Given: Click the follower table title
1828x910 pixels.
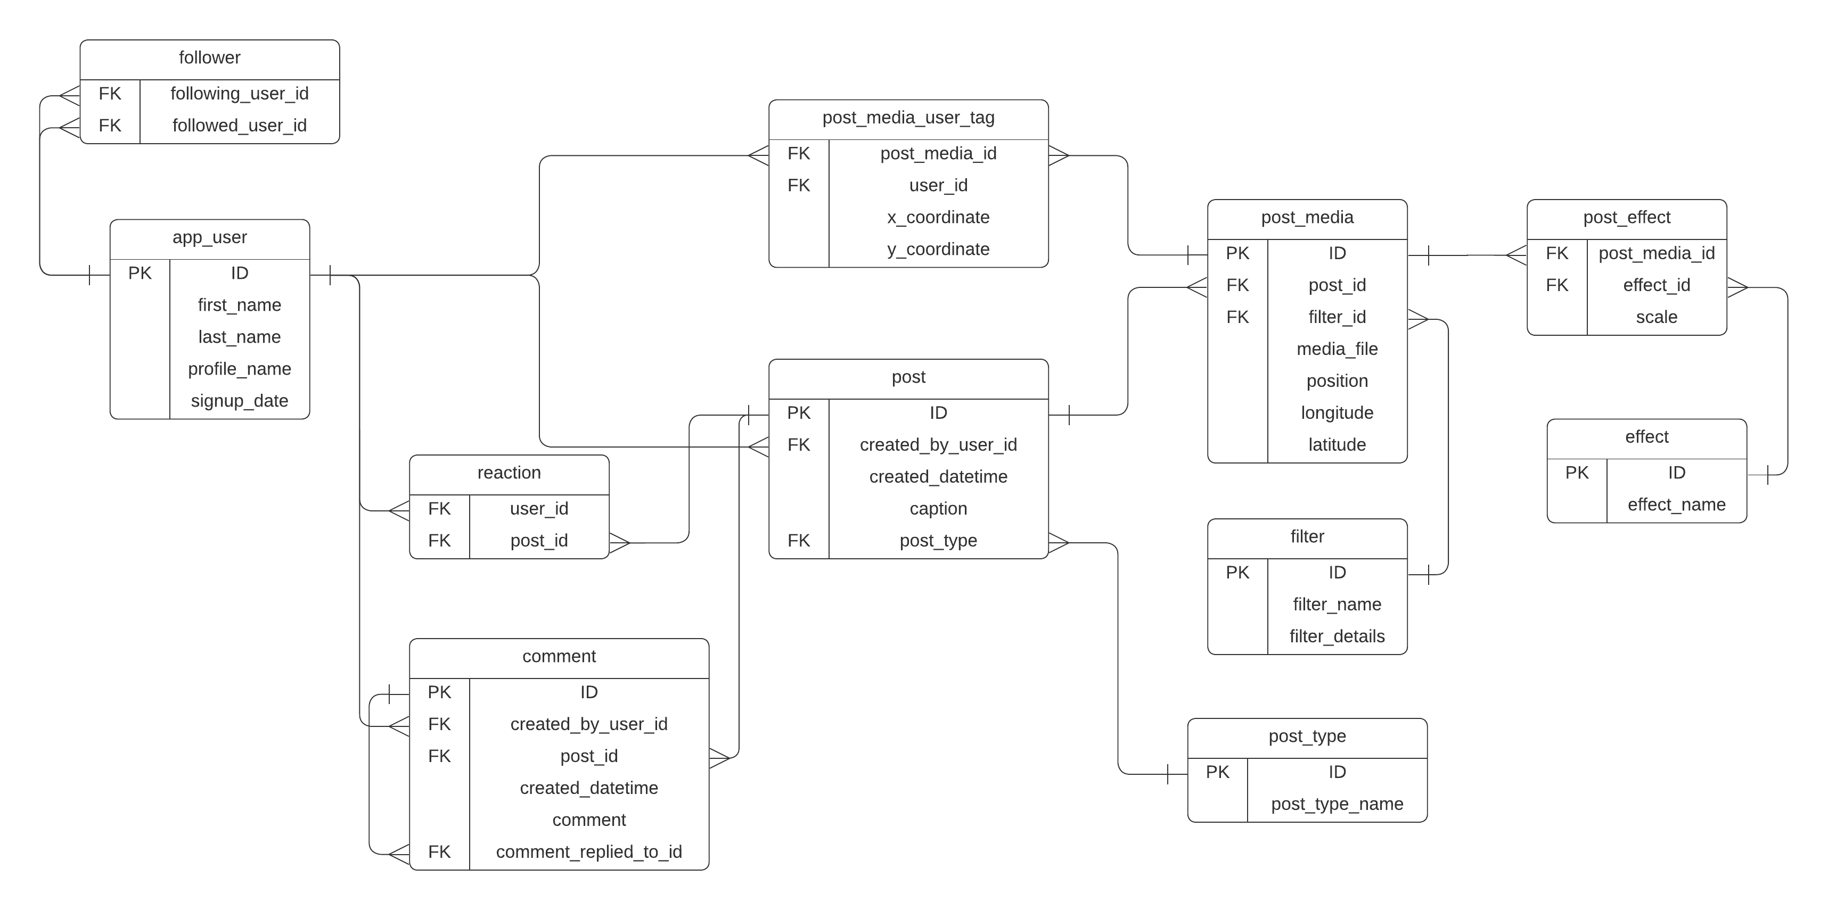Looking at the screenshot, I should tap(209, 57).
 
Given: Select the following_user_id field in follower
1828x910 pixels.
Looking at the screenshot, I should tap(239, 94).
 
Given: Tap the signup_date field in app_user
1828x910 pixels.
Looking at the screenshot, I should tap(239, 401).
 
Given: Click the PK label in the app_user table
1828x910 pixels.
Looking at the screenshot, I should tap(140, 273).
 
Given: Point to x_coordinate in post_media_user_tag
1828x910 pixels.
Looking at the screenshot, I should tap(938, 217).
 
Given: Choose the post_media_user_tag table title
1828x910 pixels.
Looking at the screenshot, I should tap(908, 118).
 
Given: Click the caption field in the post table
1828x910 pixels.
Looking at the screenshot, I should tap(938, 509).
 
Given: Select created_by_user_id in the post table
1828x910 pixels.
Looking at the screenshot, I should tap(938, 445).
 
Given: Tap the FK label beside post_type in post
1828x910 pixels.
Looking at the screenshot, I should tap(798, 541).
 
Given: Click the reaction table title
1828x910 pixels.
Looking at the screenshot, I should tap(509, 473).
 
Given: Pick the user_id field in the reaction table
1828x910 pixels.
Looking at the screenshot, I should tap(539, 509).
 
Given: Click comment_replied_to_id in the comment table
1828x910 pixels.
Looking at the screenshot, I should tap(588, 852).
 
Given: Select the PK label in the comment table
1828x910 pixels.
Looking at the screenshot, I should tap(439, 692).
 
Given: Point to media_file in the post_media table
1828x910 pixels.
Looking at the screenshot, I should tap(1337, 349).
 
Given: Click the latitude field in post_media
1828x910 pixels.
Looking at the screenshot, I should tap(1337, 445).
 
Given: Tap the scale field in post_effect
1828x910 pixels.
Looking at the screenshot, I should tap(1656, 317).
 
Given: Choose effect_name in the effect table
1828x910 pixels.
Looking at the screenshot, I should tap(1676, 504).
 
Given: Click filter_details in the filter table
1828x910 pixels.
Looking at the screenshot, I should tap(1337, 636).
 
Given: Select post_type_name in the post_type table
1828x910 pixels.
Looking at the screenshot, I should tap(1337, 804).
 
